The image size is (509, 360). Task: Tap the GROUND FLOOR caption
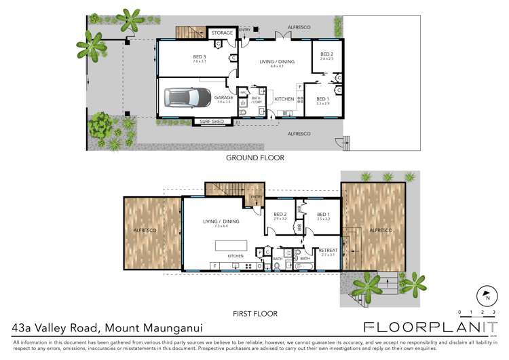click(x=254, y=158)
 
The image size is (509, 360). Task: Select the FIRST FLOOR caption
click(x=254, y=313)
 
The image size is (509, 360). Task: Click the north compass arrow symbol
click(x=487, y=297)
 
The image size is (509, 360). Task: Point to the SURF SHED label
click(x=211, y=122)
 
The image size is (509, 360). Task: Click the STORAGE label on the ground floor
click(x=221, y=33)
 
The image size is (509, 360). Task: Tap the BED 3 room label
click(x=200, y=58)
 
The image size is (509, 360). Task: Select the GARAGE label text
click(x=224, y=98)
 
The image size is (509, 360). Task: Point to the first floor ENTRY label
click(x=257, y=197)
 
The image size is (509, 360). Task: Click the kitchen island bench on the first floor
click(x=236, y=244)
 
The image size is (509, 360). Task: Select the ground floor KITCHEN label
click(x=284, y=99)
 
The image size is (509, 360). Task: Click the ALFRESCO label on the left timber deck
click(x=145, y=230)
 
